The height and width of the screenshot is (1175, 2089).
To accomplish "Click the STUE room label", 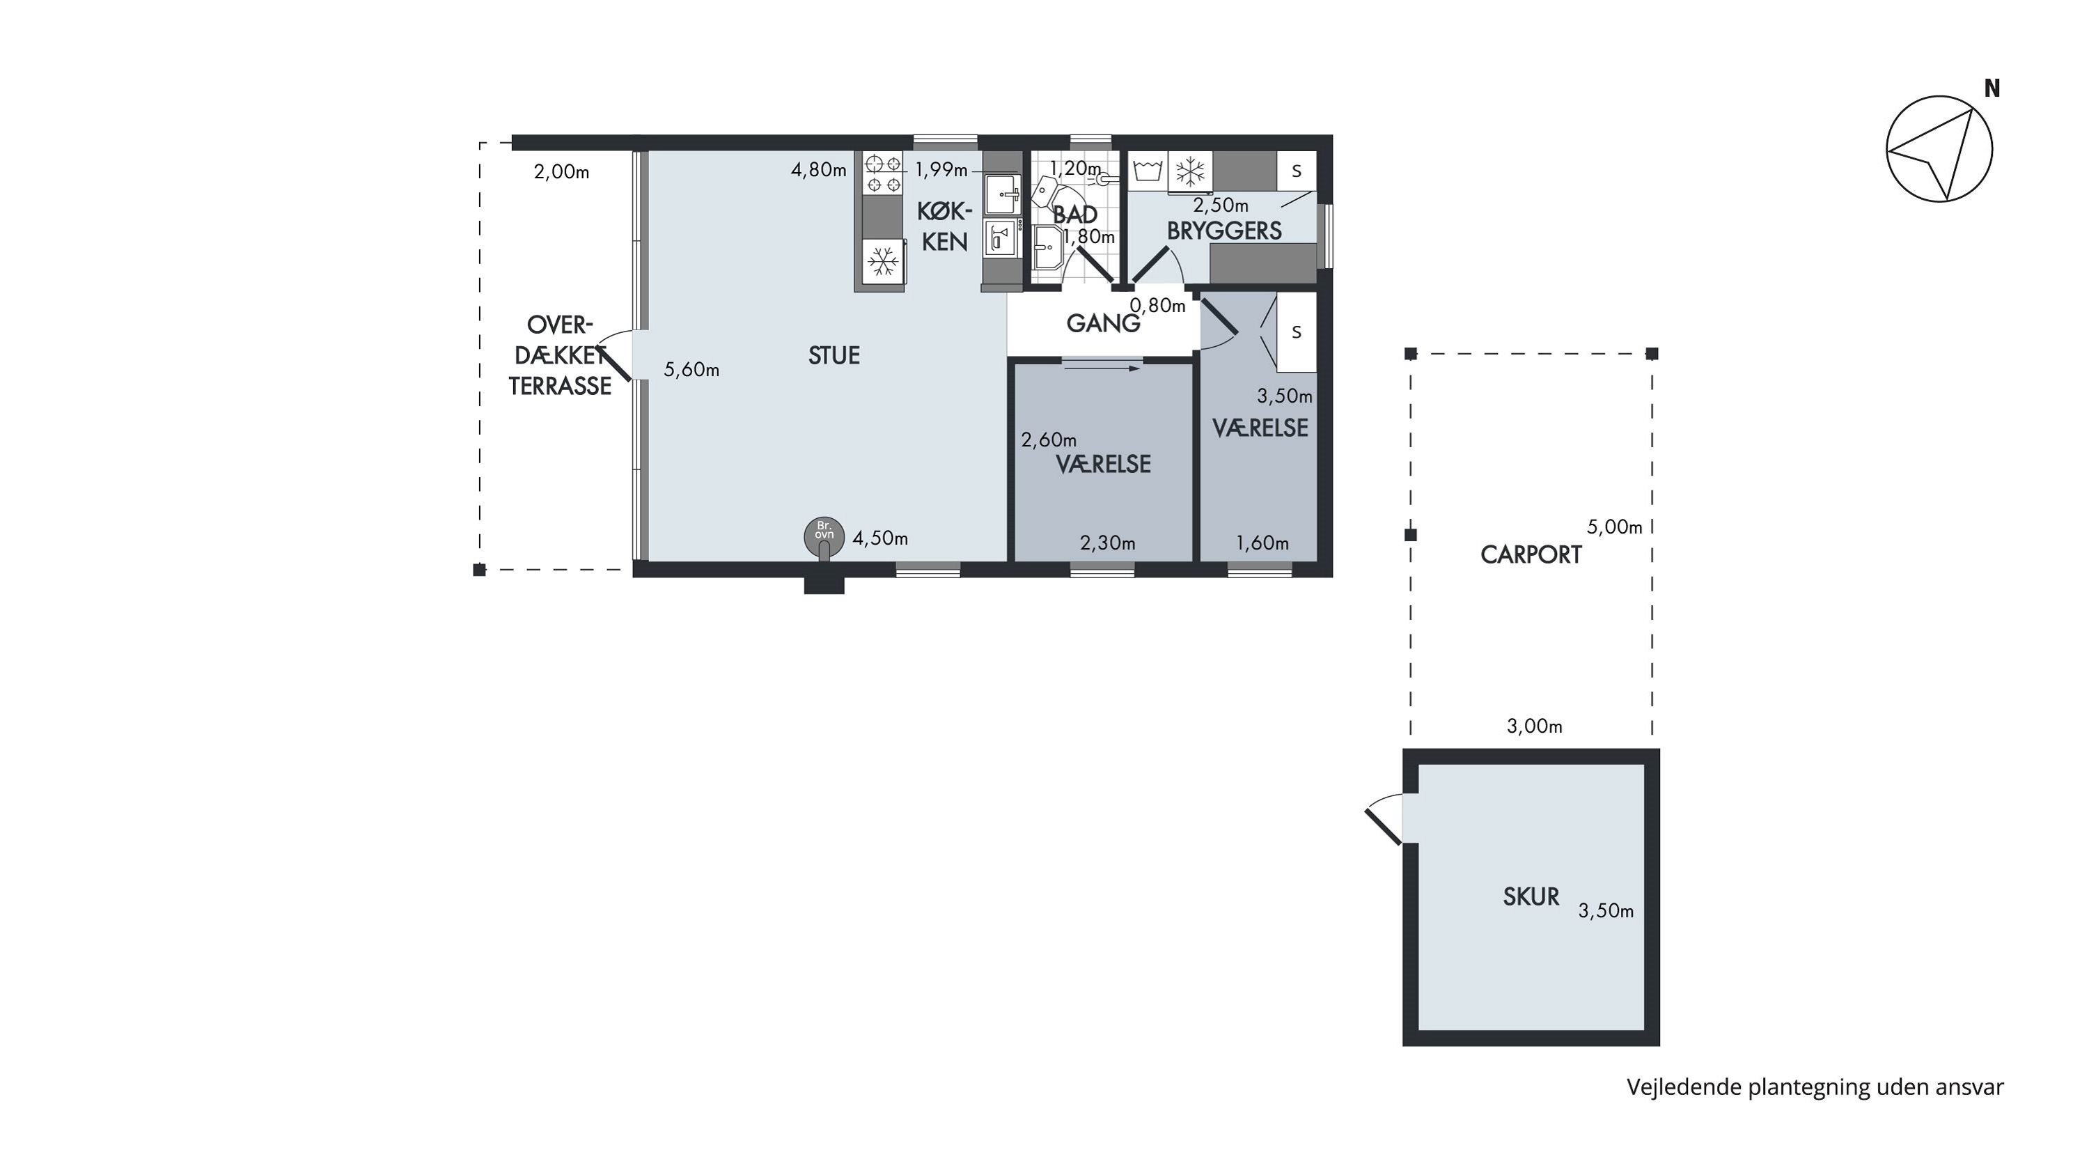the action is (834, 355).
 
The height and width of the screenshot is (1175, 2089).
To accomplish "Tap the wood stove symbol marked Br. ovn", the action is (824, 537).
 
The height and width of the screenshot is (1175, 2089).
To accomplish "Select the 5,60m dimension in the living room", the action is (691, 370).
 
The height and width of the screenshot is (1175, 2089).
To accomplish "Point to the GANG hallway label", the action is (1103, 324).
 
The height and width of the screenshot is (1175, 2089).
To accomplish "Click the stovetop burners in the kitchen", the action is (883, 173).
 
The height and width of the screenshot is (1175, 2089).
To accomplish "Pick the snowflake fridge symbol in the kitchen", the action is (883, 261).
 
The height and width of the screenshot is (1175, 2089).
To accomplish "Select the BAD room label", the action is (1074, 215).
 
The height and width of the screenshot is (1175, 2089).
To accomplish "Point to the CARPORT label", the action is (1531, 554).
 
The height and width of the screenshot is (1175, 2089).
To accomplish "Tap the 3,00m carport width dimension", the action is (1534, 726).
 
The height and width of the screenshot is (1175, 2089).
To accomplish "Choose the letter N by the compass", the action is (1992, 88).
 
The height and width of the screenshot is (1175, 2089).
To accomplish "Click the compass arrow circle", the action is (1939, 148).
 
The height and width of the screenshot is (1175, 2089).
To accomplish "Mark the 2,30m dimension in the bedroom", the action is (1107, 543).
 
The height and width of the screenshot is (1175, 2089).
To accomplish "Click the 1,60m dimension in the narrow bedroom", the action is (1262, 543).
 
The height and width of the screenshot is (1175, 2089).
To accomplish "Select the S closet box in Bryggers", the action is (1297, 171).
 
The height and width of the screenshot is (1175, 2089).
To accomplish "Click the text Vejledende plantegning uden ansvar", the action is (1815, 1087).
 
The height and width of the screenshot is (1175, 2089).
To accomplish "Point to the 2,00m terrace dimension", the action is (561, 172).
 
